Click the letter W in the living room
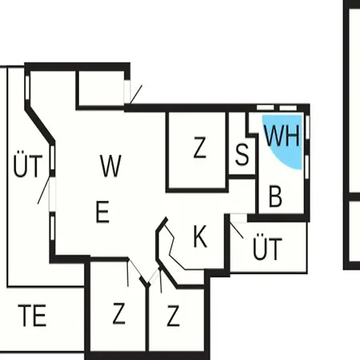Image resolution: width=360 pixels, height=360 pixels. (110, 166)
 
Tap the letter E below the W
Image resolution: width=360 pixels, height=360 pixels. (102, 212)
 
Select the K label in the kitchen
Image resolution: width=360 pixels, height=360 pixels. (200, 236)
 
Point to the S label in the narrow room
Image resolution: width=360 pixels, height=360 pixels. (242, 154)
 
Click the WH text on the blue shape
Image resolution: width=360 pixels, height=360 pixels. (282, 135)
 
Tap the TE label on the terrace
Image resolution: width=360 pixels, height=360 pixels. (32, 316)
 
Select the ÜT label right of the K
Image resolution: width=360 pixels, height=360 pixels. (267, 246)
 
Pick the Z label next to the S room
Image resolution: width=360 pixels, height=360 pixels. (200, 147)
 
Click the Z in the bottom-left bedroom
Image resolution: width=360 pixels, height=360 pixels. (119, 314)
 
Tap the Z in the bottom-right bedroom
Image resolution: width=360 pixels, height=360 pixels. (173, 315)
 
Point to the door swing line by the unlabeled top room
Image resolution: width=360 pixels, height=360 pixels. (136, 94)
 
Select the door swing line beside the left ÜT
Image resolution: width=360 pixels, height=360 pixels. (44, 190)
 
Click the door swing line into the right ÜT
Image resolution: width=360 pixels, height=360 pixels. (237, 230)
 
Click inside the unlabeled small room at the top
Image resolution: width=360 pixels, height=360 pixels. (102, 89)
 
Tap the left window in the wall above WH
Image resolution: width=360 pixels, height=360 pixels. (266, 107)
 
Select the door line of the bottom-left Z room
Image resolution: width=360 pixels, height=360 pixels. (128, 274)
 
